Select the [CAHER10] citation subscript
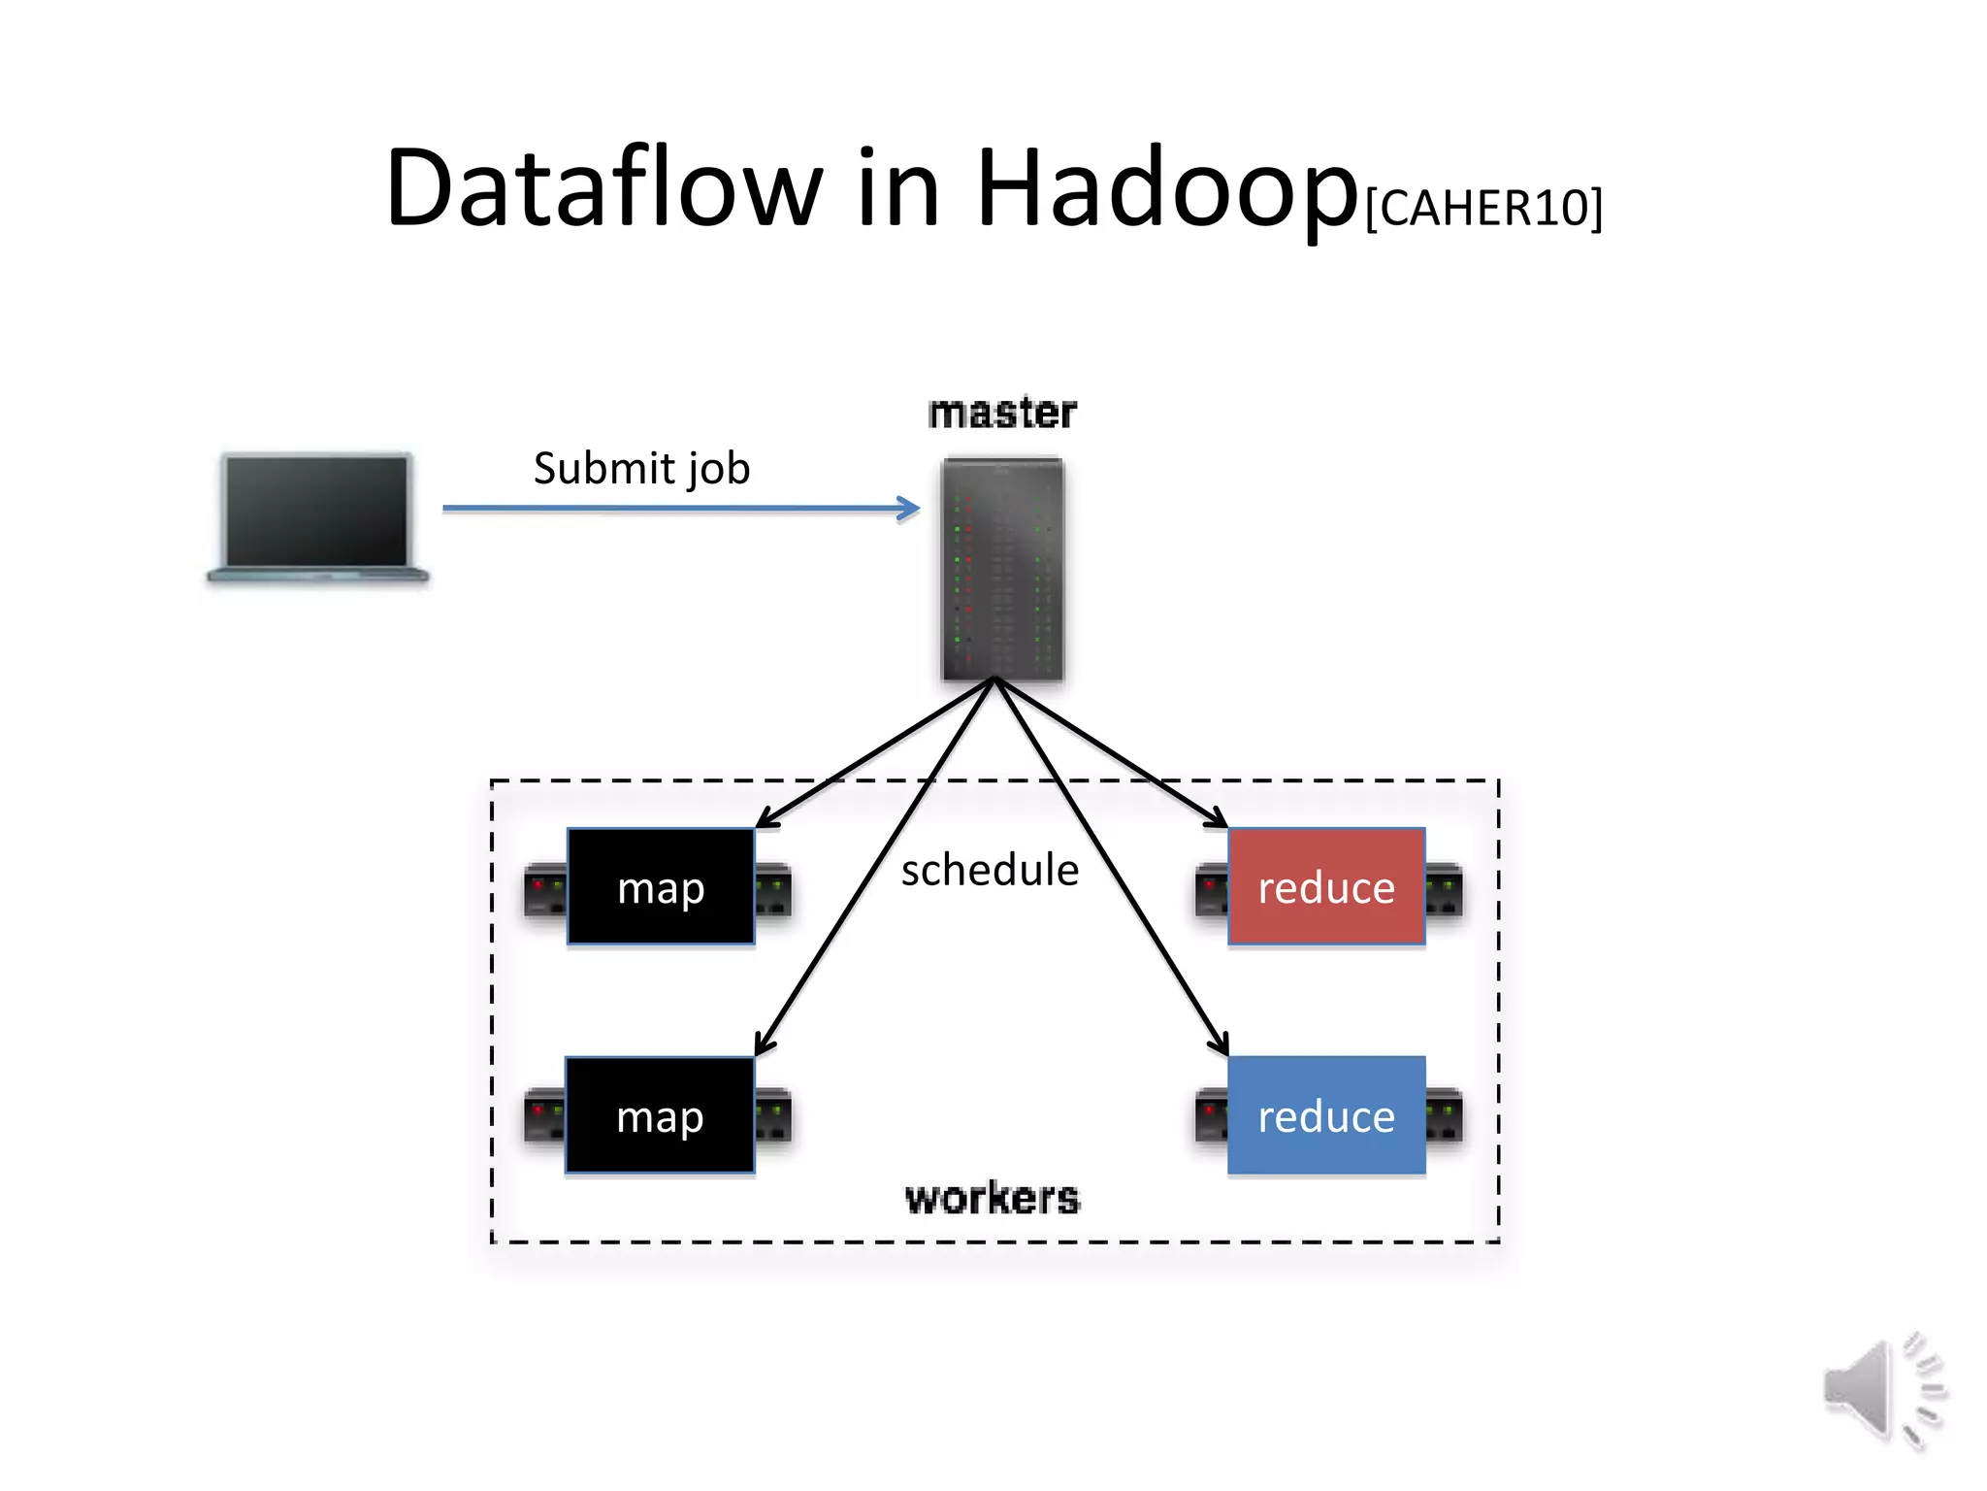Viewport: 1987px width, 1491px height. (x=1483, y=208)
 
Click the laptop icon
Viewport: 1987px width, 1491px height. (x=317, y=517)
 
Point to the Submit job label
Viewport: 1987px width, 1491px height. (x=641, y=468)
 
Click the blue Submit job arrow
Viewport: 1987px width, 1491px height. (x=679, y=508)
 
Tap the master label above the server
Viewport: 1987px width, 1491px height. (x=1002, y=413)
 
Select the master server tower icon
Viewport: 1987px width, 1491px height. (x=1002, y=569)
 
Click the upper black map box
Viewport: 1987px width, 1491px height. (x=661, y=886)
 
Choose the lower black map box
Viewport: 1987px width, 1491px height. (x=660, y=1115)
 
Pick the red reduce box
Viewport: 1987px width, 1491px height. (x=1326, y=886)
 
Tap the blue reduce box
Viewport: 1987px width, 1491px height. (x=1326, y=1115)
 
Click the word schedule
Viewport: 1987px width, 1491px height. (x=990, y=870)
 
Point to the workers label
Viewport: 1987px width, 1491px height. (x=992, y=1198)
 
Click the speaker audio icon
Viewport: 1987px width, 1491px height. (x=1882, y=1390)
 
